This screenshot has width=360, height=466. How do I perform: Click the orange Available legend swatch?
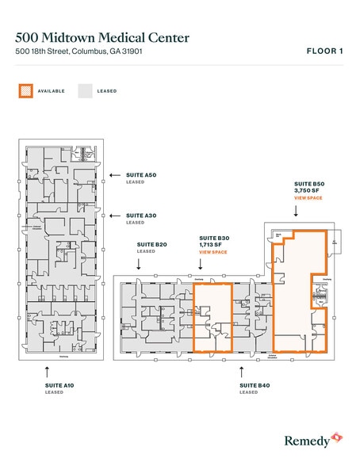25,91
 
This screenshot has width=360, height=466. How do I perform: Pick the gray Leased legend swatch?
84,91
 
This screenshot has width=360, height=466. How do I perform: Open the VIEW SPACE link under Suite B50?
308,197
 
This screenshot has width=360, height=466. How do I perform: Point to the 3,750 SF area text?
307,190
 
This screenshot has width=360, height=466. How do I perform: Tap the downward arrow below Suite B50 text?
296,212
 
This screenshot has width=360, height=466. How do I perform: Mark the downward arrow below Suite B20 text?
140,266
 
